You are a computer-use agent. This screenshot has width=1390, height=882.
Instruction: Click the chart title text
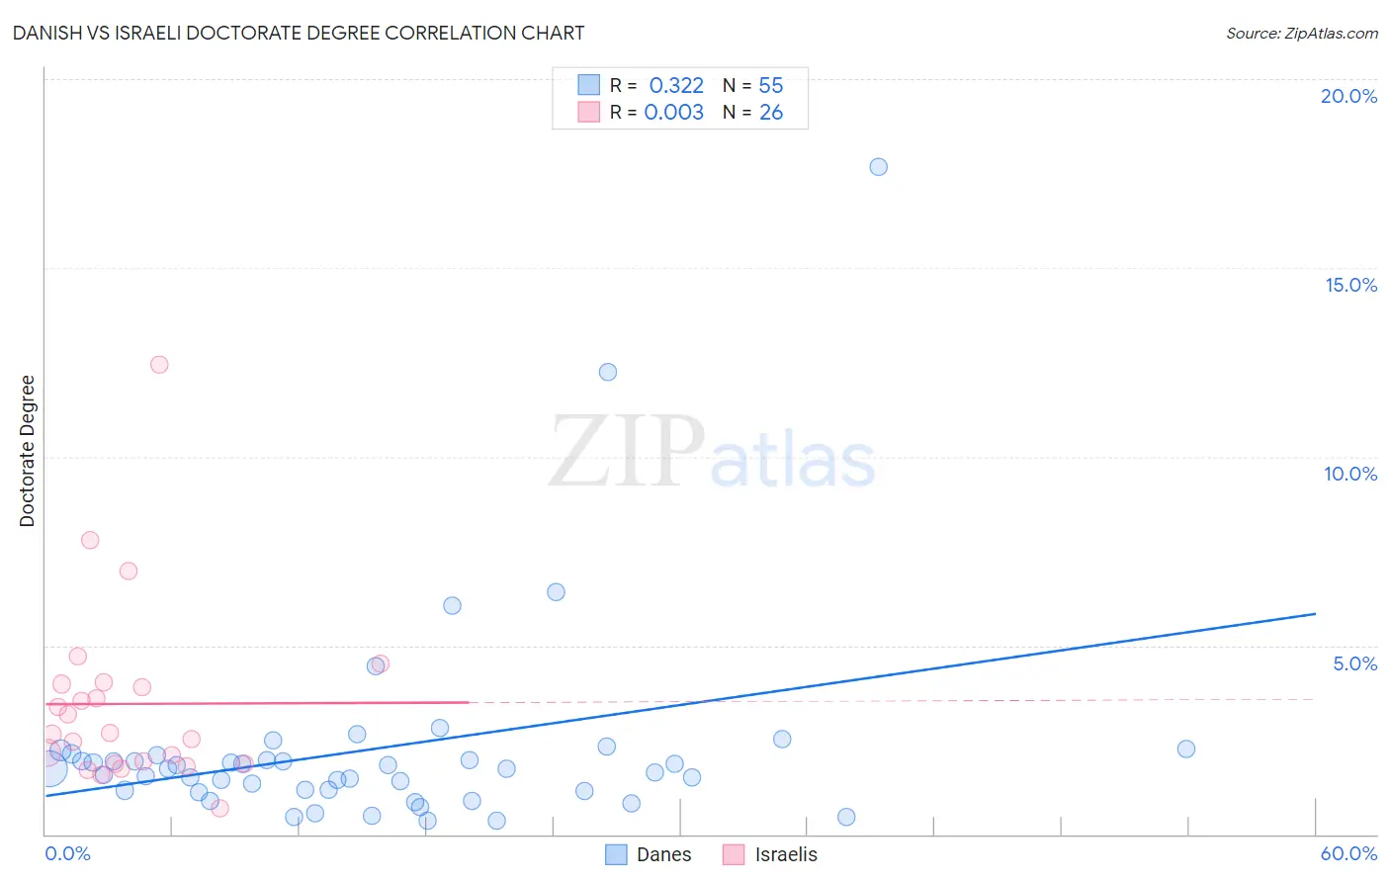(299, 33)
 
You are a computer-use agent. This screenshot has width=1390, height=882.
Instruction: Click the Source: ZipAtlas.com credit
(1301, 33)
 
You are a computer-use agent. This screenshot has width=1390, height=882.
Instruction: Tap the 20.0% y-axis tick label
(1348, 96)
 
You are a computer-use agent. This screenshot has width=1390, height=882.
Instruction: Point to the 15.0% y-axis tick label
(1350, 285)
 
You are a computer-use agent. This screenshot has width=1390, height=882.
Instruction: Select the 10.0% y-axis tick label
(1350, 474)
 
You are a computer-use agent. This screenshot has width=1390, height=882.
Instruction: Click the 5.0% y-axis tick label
(1354, 663)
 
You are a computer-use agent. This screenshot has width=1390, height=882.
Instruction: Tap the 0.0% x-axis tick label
(67, 853)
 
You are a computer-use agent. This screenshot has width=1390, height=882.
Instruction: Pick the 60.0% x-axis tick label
(1348, 853)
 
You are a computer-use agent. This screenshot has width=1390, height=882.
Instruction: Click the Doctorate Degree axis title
(28, 451)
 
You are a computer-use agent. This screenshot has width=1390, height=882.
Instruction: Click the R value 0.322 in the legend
(676, 85)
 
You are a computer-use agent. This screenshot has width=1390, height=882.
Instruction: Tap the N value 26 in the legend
(771, 113)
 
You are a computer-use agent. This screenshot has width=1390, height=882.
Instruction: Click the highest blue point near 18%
(878, 167)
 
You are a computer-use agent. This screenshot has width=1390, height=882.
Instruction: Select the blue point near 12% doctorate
(608, 372)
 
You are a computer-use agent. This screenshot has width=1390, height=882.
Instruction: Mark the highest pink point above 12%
(159, 365)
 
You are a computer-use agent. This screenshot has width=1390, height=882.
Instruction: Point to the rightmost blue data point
(1186, 749)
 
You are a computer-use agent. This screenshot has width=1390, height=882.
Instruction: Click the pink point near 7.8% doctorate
(90, 540)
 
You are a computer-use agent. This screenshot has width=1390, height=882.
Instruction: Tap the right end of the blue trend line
(1315, 614)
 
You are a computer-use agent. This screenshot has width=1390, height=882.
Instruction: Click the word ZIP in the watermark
(627, 452)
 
